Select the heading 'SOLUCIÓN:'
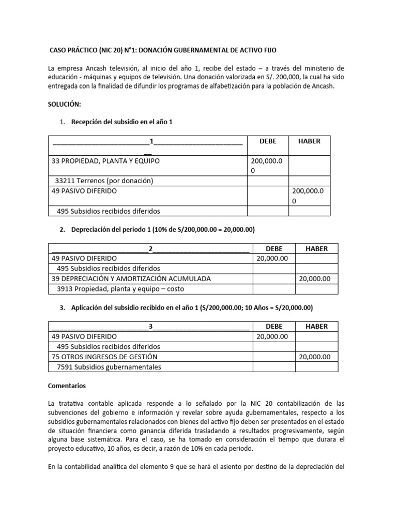click(65, 104)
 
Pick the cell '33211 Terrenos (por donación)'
click(104, 181)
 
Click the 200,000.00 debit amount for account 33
click(266, 166)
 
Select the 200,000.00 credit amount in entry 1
click(309, 196)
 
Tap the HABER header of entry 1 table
click(309, 141)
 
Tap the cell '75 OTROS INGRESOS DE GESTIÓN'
click(104, 357)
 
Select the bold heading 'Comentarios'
click(67, 386)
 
